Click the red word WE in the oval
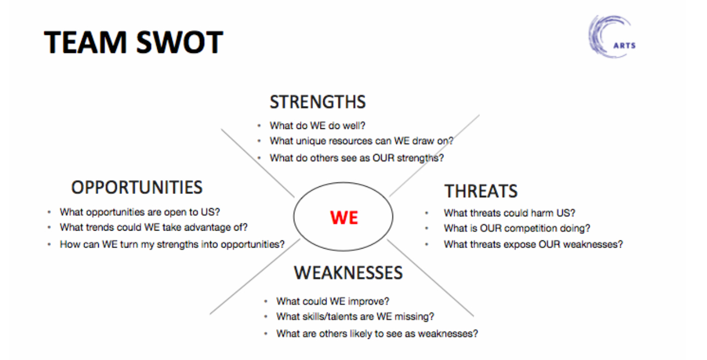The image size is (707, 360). pyautogui.click(x=344, y=217)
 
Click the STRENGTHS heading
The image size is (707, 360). pyautogui.click(x=318, y=102)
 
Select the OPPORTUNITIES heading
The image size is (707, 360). pyautogui.click(x=136, y=187)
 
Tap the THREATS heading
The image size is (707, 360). pyautogui.click(x=481, y=191)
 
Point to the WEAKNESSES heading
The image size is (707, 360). pyautogui.click(x=348, y=273)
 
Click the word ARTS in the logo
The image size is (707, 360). pyautogui.click(x=625, y=46)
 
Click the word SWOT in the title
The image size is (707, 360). pyautogui.click(x=180, y=42)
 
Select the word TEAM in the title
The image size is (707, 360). pyautogui.click(x=85, y=42)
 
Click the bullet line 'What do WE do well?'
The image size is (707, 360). pyautogui.click(x=317, y=126)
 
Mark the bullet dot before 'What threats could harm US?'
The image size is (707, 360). pyautogui.click(x=427, y=213)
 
